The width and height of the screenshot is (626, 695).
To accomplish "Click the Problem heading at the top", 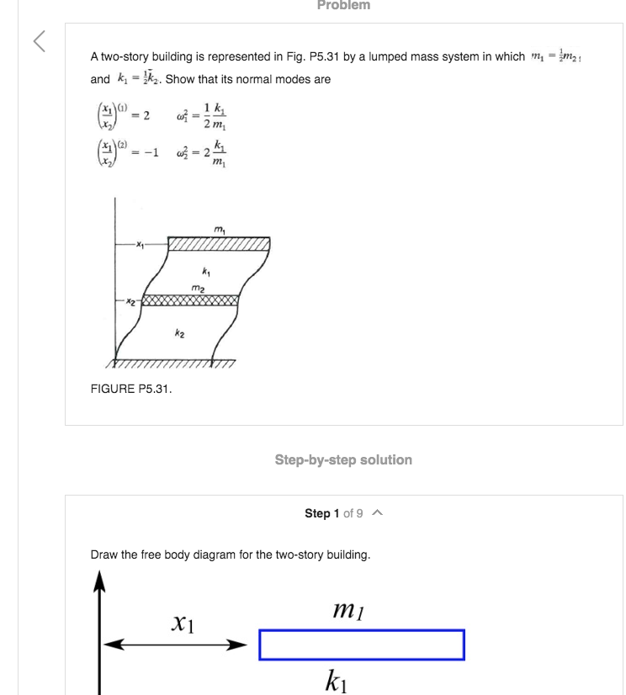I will (343, 6).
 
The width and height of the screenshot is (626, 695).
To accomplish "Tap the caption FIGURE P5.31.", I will (130, 388).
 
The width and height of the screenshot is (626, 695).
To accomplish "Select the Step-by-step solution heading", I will (343, 460).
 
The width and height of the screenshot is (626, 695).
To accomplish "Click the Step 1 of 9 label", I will (333, 513).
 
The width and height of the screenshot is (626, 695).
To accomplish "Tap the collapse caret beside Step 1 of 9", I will (379, 513).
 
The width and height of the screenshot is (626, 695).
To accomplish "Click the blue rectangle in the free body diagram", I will (361, 645).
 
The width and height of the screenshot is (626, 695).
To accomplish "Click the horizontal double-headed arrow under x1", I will (175, 645).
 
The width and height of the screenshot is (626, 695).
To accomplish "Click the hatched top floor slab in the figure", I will (219, 244).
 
